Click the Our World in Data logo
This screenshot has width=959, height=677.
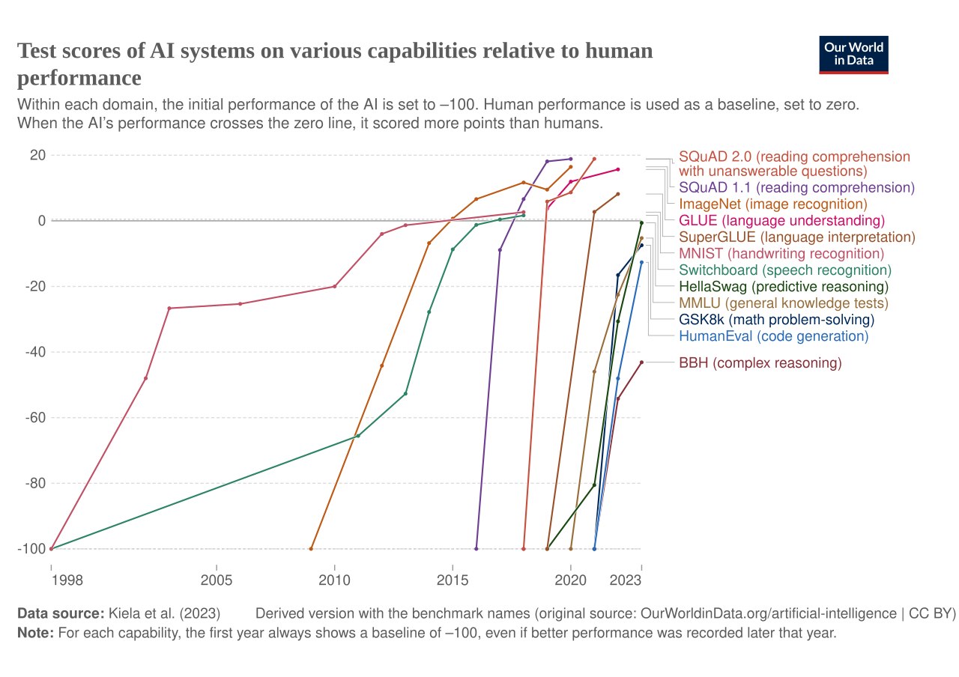coord(853,55)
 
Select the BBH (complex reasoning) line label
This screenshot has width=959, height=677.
coord(760,363)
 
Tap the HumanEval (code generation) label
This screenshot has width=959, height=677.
coord(774,336)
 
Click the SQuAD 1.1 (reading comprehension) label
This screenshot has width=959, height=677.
coord(796,187)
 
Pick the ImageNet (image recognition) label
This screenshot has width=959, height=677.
coord(773,204)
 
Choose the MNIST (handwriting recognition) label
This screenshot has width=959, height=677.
coord(781,254)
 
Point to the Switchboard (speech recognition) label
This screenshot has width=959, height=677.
coord(785,270)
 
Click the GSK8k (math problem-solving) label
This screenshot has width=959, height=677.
coord(777,320)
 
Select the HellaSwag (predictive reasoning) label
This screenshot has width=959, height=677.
coord(784,287)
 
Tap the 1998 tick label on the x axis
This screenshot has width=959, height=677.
coord(67,580)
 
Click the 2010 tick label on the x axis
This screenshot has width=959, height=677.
coord(334,580)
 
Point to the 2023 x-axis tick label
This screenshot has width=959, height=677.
coord(625,580)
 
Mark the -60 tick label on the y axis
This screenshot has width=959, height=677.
coord(35,418)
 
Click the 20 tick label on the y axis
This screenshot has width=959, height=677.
coord(37,155)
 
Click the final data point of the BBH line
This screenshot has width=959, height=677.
coord(641,362)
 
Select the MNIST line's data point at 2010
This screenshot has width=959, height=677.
coord(334,286)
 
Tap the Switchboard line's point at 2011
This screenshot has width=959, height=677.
coord(358,436)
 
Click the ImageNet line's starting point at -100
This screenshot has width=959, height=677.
coord(311,549)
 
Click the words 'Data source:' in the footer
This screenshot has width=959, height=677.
coord(61,613)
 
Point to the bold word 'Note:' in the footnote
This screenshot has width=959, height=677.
coord(35,633)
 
